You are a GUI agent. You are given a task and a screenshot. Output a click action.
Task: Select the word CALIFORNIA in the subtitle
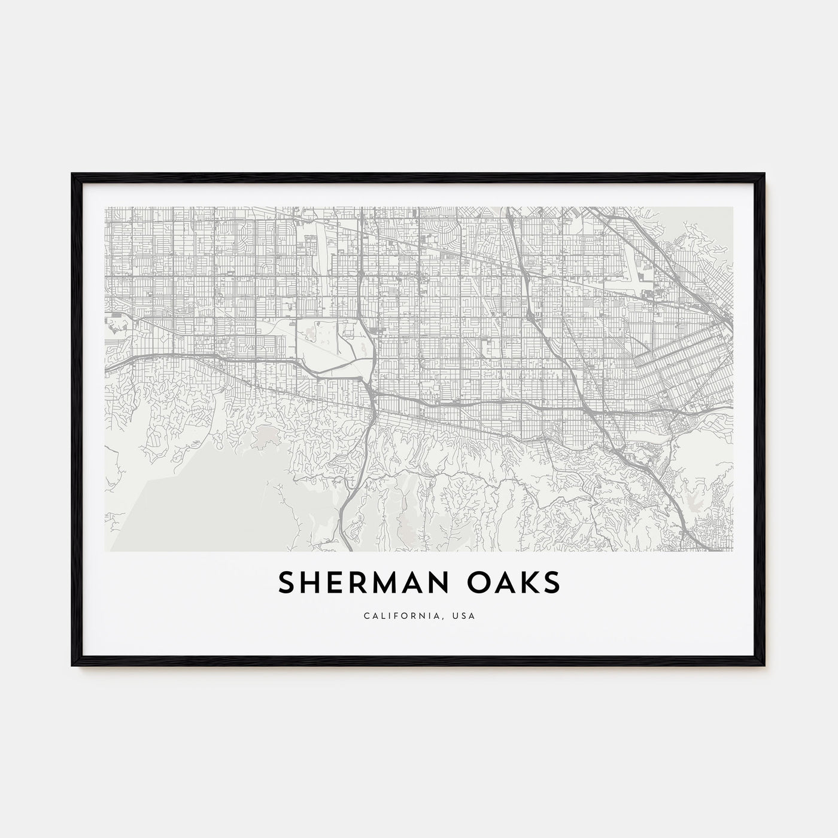tap(397, 615)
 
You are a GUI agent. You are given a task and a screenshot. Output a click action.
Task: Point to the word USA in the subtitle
tap(464, 615)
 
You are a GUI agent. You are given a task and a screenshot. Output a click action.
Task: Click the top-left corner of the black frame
tap(73, 174)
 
